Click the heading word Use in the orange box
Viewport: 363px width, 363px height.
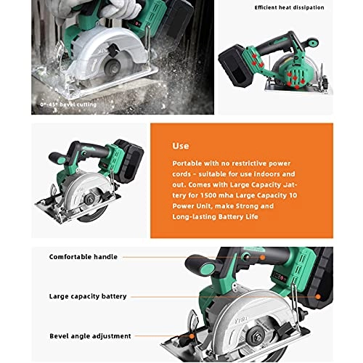tap(180, 145)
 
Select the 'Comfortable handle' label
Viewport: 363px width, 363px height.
tap(83, 256)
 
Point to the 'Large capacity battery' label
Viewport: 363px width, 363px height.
tap(87, 296)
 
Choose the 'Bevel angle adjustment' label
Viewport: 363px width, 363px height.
tap(89, 336)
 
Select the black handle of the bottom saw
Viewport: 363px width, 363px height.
tap(231, 258)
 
